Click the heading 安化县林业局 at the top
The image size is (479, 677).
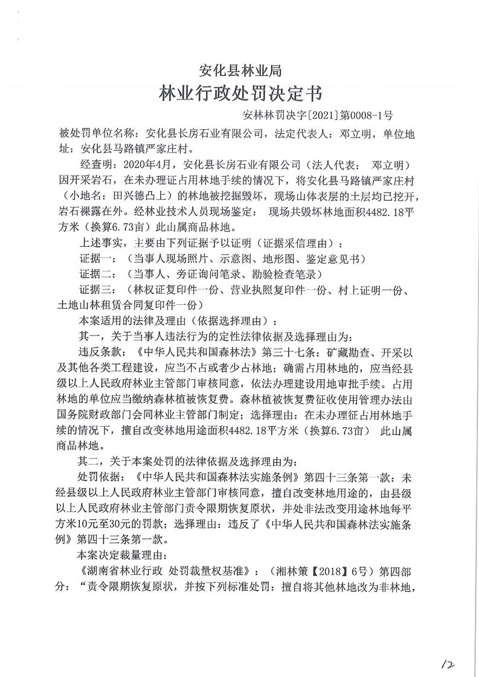pos(240,72)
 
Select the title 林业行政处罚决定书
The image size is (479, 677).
pos(240,95)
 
